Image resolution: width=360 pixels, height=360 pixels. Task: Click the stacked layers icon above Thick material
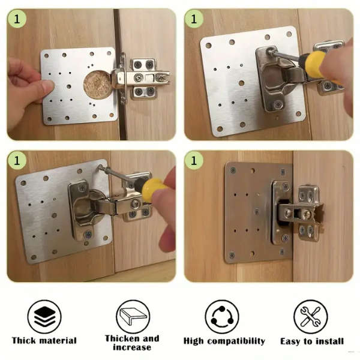point(44,316)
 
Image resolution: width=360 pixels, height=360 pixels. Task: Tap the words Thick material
point(44,341)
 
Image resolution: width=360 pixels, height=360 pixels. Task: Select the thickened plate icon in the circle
point(133,316)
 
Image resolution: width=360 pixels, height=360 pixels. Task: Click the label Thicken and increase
point(132,343)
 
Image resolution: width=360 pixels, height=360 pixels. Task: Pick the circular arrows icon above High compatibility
point(222,316)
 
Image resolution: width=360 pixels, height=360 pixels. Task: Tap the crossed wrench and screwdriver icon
point(311,316)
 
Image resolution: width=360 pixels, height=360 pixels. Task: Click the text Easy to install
point(311,341)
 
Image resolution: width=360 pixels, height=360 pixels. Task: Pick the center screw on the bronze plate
point(256,211)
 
